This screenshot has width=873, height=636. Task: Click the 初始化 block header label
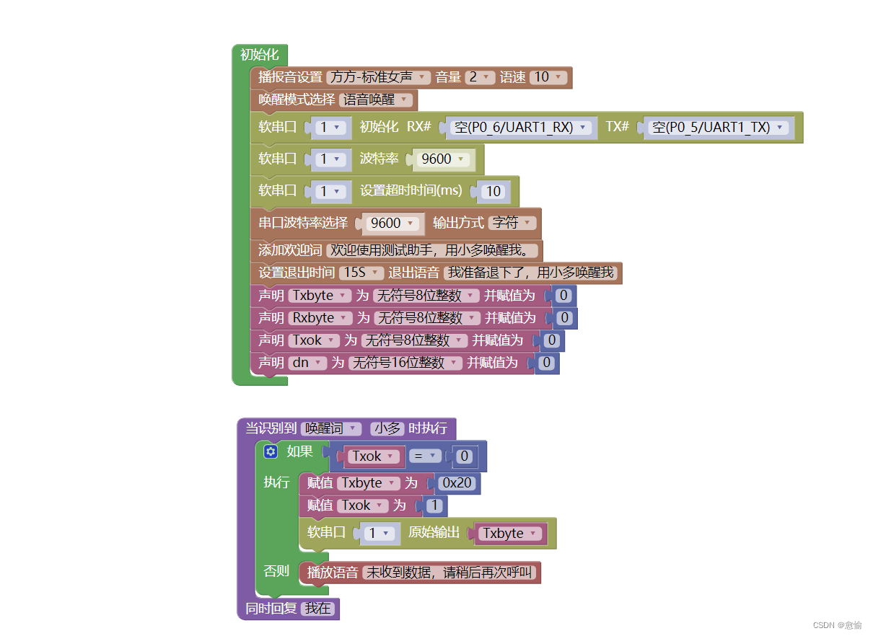click(x=259, y=55)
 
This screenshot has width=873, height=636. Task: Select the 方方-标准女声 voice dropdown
click(x=378, y=77)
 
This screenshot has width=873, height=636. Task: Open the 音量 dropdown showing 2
click(x=480, y=77)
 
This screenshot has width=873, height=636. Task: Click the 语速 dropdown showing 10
click(x=548, y=77)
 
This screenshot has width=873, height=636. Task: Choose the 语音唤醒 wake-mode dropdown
click(x=375, y=100)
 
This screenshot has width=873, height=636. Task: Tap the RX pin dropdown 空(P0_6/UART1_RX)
click(x=522, y=128)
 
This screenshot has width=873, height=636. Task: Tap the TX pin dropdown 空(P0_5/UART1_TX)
click(x=718, y=128)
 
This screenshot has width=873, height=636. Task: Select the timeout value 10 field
click(x=493, y=192)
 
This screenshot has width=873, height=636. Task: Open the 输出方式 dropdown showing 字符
click(x=512, y=223)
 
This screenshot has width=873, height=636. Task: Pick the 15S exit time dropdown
click(x=361, y=273)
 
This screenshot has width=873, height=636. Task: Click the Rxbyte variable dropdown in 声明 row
click(x=320, y=318)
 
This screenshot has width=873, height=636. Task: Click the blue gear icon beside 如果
click(x=271, y=451)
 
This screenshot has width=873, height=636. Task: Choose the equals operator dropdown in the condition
click(x=424, y=456)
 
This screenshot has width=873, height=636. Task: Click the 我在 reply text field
click(x=317, y=609)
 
